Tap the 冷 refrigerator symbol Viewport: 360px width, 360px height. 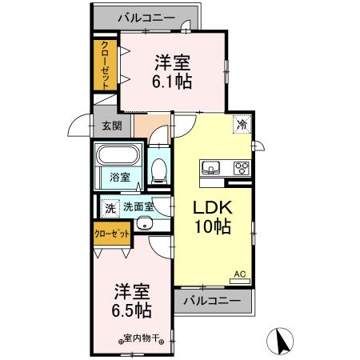(241, 124)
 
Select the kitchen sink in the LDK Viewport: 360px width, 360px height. (212, 167)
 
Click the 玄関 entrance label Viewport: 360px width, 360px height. (111, 126)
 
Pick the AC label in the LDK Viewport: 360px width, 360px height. (239, 275)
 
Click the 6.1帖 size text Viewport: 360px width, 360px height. (172, 81)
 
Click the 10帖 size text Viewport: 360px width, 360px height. (213, 227)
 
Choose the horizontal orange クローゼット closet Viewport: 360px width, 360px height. (111, 234)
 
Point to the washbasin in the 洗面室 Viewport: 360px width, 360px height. (144, 223)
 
